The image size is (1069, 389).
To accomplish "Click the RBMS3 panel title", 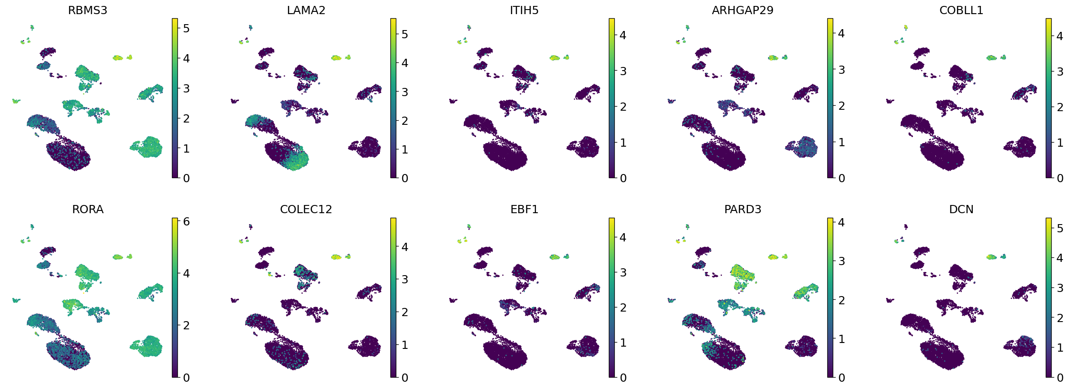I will (x=88, y=10).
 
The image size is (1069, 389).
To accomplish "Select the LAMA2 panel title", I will (x=306, y=10).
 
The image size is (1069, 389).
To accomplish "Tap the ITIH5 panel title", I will (x=524, y=10).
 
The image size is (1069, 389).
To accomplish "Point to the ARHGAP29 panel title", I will (x=742, y=10).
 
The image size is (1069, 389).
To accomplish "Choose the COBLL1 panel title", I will (x=961, y=10).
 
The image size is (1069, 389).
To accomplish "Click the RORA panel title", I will (x=88, y=209).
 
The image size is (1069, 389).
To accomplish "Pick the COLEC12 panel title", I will (x=306, y=209).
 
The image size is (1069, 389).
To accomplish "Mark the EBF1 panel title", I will (x=524, y=209).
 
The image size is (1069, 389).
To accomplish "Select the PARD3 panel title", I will (x=742, y=209).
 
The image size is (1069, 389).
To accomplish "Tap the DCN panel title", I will (x=961, y=209).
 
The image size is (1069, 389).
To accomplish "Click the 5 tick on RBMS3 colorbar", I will (x=186, y=28).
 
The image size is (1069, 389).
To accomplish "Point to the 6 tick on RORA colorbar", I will (x=186, y=221).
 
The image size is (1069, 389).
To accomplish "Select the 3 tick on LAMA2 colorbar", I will (x=405, y=92).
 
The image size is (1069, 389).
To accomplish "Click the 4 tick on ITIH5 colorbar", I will (x=623, y=35).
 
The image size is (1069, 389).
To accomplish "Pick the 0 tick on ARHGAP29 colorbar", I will (x=841, y=178).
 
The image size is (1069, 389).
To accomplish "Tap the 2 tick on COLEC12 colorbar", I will (x=405, y=312).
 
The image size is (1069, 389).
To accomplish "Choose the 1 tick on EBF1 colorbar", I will (x=623, y=343).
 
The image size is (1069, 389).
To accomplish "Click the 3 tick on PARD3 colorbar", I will (x=841, y=261).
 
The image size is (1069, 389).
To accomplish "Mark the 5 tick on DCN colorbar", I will (x=1060, y=228).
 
